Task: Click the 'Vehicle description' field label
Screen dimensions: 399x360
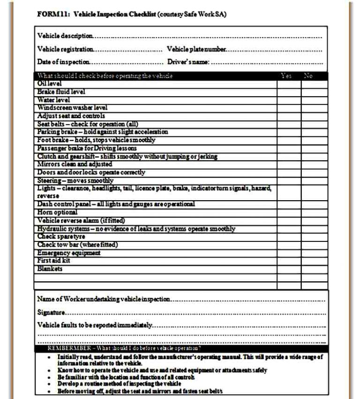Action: tap(65, 36)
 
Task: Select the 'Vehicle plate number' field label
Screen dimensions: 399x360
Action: tap(196, 49)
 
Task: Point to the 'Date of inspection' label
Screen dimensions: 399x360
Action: tap(63, 61)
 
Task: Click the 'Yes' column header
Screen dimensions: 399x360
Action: tap(286, 76)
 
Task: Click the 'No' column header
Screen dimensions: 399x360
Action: tap(308, 76)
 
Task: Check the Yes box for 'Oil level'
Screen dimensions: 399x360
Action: tap(289, 83)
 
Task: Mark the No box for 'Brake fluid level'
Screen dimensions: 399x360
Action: tap(314, 92)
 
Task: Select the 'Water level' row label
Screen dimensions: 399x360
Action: tap(54, 100)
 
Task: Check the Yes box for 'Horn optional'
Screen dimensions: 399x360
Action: tap(289, 212)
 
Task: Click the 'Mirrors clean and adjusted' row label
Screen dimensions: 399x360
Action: tap(75, 164)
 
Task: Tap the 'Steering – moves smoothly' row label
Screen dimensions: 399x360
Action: tap(75, 181)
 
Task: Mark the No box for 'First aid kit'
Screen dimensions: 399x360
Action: tap(314, 261)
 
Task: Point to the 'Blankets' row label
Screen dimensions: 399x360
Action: tap(50, 269)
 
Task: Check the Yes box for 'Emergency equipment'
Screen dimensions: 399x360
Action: tap(289, 253)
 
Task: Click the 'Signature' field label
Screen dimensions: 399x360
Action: tap(51, 312)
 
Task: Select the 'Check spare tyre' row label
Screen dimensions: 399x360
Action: tap(61, 237)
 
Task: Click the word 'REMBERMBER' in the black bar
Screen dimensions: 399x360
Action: tap(65, 348)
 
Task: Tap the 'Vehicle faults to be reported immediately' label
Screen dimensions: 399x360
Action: tap(94, 325)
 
